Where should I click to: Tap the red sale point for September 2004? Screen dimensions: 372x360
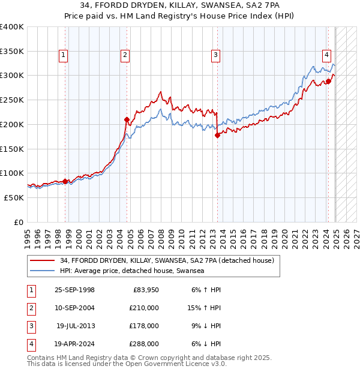click(x=127, y=119)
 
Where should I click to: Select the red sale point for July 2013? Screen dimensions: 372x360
click(x=217, y=135)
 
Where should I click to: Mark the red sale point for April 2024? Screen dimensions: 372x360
click(x=328, y=81)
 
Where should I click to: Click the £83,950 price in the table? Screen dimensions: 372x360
click(x=144, y=290)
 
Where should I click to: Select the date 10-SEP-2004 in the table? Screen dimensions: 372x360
click(x=74, y=308)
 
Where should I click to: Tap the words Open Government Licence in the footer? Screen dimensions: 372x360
click(x=178, y=364)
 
